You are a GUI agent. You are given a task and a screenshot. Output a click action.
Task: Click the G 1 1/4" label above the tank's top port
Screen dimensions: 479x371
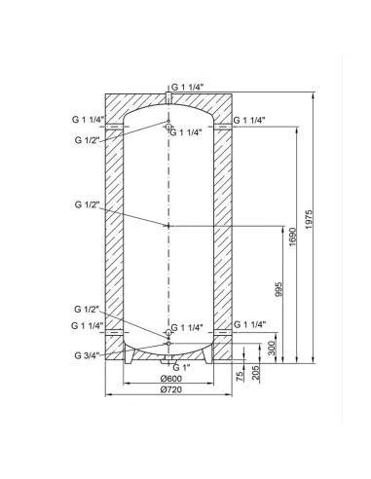point(188,86)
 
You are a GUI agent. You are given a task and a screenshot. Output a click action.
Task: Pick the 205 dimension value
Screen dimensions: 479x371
point(258,374)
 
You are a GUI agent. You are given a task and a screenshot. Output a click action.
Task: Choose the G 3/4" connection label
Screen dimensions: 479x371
point(86,353)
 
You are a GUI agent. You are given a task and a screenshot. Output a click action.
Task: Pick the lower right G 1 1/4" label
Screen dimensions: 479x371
point(252,324)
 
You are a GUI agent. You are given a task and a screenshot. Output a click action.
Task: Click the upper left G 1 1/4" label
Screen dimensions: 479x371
point(89,119)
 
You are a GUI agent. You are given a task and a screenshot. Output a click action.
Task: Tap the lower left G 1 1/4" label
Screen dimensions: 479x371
point(89,324)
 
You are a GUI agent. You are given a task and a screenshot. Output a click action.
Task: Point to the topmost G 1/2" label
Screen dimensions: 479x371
point(88,140)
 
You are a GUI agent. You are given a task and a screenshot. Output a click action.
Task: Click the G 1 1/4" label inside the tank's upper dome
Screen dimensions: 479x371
point(188,131)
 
